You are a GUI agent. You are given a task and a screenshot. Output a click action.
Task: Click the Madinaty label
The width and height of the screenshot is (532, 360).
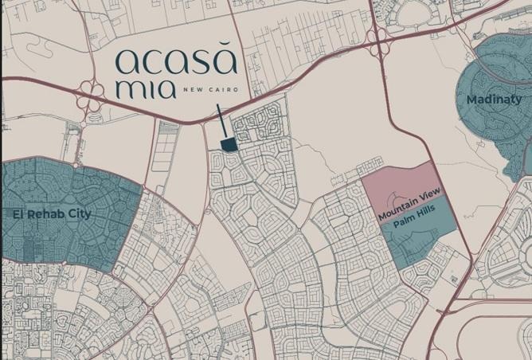(495, 99)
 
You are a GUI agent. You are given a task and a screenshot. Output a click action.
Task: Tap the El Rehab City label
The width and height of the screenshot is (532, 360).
(52, 214)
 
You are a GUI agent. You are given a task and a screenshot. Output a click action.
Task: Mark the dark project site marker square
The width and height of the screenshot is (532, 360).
(229, 143)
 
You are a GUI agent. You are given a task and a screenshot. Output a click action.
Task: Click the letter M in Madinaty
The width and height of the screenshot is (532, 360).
(472, 99)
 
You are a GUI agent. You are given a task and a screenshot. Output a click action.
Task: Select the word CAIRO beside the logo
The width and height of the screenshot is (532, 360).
(218, 88)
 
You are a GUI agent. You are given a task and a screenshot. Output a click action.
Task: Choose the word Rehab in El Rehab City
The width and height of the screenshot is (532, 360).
(47, 214)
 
